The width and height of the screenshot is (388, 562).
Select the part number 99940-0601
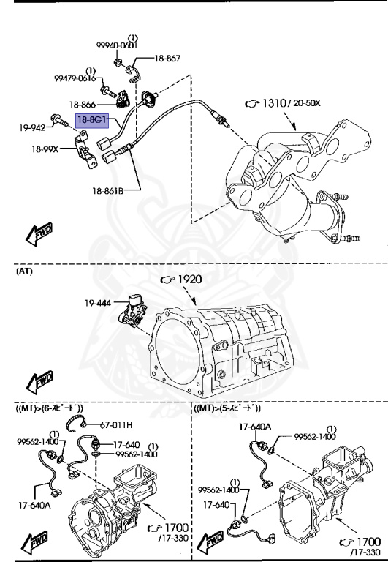tap(116, 45)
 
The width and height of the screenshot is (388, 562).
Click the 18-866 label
tap(84, 105)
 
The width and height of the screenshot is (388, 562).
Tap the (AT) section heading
tap(24, 271)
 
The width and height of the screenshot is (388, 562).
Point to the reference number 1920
tap(189, 279)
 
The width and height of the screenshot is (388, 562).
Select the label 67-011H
tap(116, 424)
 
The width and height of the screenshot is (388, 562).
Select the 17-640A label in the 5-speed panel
tap(255, 427)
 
